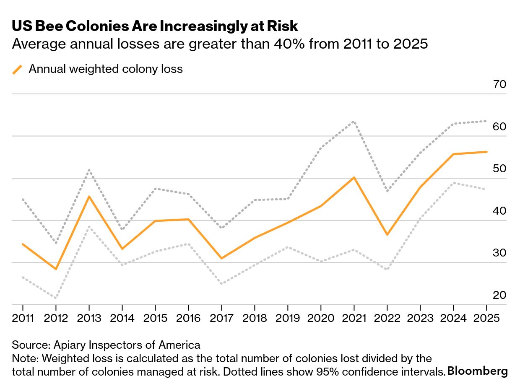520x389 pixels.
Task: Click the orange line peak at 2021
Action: pyautogui.click(x=354, y=178)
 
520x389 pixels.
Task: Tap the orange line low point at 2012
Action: pyautogui.click(x=56, y=269)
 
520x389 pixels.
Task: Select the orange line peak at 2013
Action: pyautogui.click(x=89, y=197)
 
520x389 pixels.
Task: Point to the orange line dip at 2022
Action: pyautogui.click(x=387, y=234)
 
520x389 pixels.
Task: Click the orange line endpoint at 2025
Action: pyautogui.click(x=486, y=152)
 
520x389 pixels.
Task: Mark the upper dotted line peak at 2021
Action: pyautogui.click(x=354, y=122)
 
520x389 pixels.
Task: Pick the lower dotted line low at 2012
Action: pyautogui.click(x=56, y=298)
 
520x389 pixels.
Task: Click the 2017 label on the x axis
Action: pyautogui.click(x=221, y=318)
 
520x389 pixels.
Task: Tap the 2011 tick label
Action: pyautogui.click(x=23, y=318)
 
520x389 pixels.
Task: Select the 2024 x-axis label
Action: pyautogui.click(x=453, y=318)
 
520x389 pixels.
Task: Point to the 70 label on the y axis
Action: pyautogui.click(x=499, y=85)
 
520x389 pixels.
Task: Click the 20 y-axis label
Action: pyautogui.click(x=499, y=296)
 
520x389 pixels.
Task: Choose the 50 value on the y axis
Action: pyautogui.click(x=499, y=169)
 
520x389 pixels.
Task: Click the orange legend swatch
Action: pyautogui.click(x=17, y=69)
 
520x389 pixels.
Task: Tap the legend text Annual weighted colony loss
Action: pyautogui.click(x=106, y=69)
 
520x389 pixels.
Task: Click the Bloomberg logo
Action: pyautogui.click(x=477, y=371)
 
